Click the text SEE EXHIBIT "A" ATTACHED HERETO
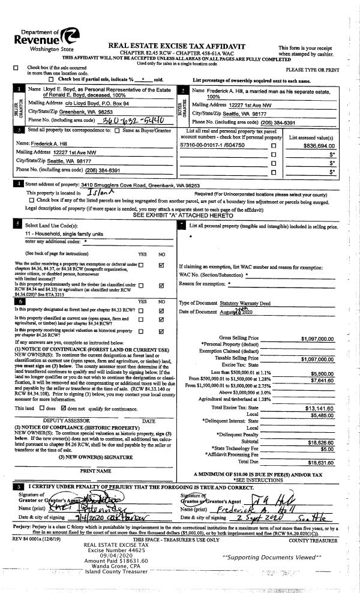[180, 214]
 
